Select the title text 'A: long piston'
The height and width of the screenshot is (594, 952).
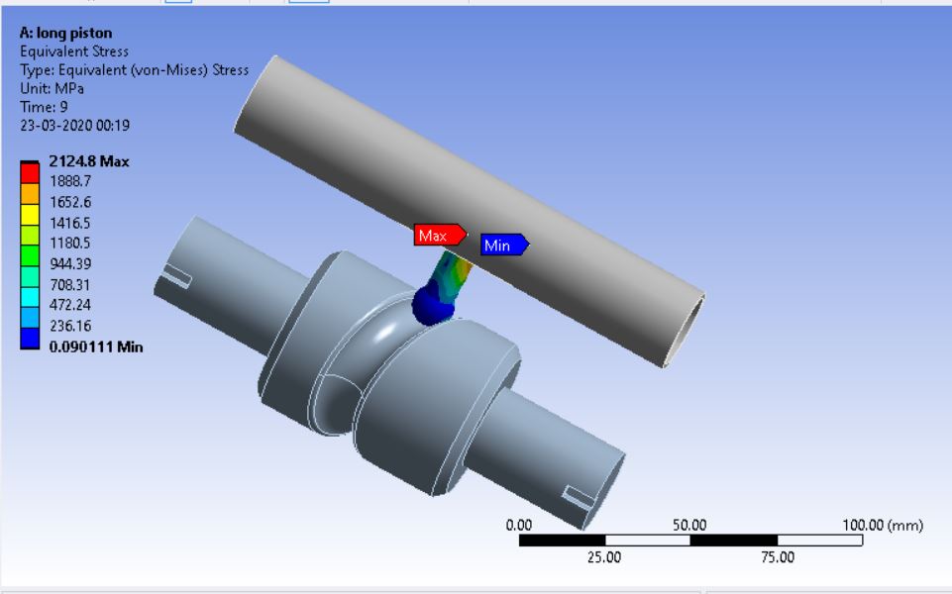pyautogui.click(x=65, y=33)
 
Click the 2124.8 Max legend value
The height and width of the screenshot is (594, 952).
pyautogui.click(x=89, y=161)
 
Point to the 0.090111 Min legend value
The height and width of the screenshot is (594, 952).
pyautogui.click(x=96, y=346)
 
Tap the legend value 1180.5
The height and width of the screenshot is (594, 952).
pyautogui.click(x=70, y=244)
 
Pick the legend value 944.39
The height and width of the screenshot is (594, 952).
pyautogui.click(x=70, y=264)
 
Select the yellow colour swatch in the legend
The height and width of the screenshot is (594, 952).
pyautogui.click(x=30, y=213)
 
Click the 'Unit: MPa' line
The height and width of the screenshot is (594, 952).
pyautogui.click(x=52, y=88)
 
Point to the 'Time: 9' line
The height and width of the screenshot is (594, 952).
pyautogui.click(x=44, y=107)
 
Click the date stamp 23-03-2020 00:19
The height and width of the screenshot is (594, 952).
pyautogui.click(x=74, y=126)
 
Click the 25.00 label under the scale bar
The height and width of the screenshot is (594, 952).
pyautogui.click(x=604, y=557)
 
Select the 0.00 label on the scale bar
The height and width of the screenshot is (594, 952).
pyautogui.click(x=519, y=525)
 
